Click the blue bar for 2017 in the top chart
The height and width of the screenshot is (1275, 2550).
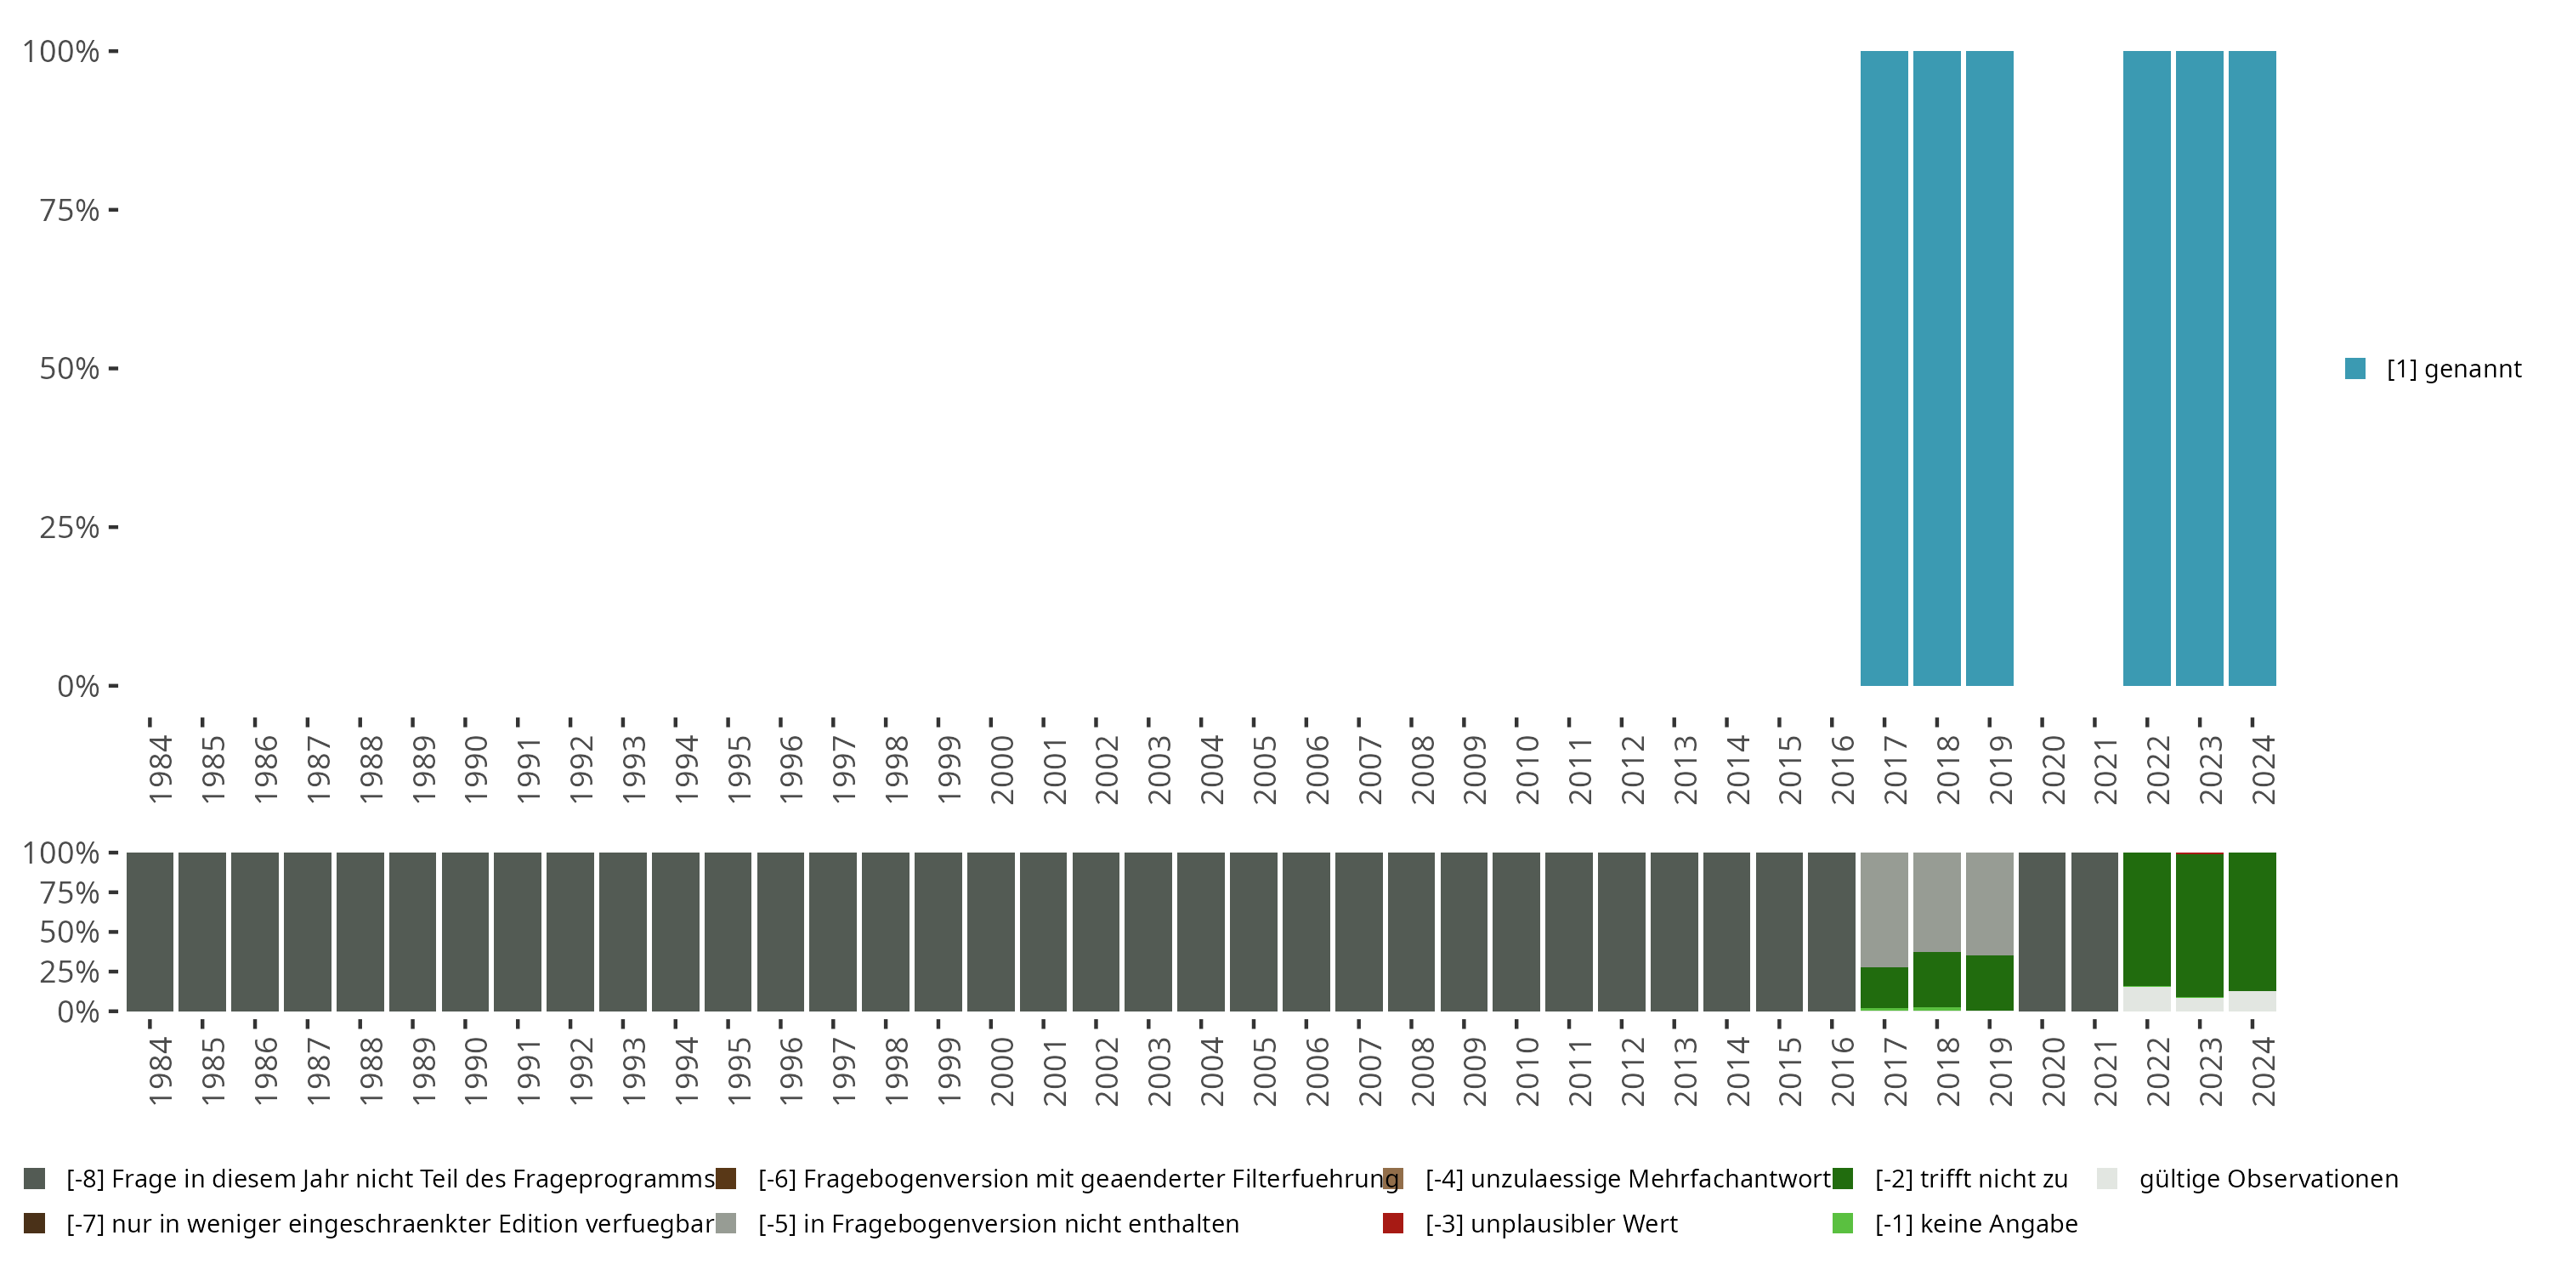coord(1884,368)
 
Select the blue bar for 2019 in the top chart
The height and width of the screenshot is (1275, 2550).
coord(1989,368)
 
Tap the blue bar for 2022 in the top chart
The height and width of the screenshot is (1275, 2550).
coord(2146,368)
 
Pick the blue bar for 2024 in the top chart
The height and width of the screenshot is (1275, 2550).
coord(2252,368)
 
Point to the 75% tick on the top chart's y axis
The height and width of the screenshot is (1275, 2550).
coord(70,210)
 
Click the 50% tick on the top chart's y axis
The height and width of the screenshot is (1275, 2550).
coord(70,368)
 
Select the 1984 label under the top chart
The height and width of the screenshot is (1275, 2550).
coord(161,769)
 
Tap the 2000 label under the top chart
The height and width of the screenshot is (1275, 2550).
coord(1002,769)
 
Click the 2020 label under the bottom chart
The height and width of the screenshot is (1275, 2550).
coord(2053,1071)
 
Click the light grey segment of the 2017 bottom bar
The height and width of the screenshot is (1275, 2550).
coord(1884,909)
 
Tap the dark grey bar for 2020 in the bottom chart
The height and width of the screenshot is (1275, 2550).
coord(2041,932)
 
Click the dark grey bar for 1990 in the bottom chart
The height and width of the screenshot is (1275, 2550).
coord(465,932)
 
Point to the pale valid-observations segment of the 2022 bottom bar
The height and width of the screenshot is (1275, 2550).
coord(2146,999)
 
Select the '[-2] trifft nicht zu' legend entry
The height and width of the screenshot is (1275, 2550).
coord(1970,1179)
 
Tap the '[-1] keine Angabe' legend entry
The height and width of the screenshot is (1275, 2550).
coord(1975,1223)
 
